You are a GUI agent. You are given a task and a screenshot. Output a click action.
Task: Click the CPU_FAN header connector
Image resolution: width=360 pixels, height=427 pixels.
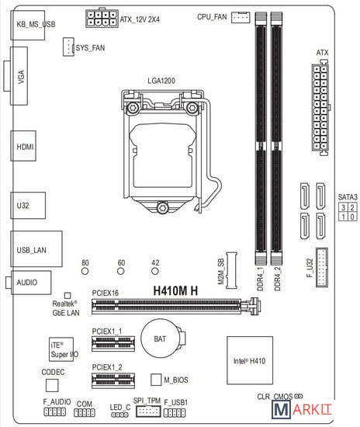241,17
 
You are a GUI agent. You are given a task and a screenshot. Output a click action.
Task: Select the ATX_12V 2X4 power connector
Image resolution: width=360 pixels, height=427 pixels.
102,18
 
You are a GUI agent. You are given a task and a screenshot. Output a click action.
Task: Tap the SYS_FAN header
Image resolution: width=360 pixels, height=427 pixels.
68,47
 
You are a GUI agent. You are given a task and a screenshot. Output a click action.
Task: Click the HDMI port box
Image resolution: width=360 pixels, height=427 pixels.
23,146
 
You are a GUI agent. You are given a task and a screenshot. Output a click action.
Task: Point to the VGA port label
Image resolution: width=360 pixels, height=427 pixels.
21,77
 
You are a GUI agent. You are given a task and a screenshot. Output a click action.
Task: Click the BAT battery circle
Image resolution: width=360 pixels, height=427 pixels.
160,338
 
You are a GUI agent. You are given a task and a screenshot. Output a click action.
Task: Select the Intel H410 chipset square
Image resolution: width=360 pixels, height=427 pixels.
250,360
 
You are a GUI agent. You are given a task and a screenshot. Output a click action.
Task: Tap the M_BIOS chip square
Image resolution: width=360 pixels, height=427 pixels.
156,380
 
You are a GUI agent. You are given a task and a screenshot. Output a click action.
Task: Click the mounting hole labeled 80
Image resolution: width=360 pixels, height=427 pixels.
85,271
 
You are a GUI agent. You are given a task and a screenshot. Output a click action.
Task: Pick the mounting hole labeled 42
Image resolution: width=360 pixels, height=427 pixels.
155,271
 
